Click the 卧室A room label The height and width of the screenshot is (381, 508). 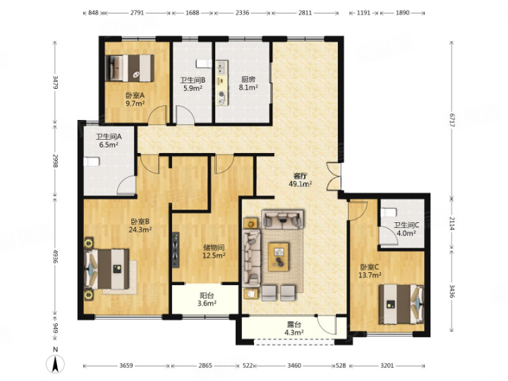coord(135,95)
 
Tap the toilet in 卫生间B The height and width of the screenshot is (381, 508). coord(203,64)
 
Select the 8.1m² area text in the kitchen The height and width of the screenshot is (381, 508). coord(248,87)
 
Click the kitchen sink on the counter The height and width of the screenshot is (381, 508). coord(222,68)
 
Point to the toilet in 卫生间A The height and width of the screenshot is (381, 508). coord(91,162)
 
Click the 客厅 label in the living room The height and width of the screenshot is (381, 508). coord(300,176)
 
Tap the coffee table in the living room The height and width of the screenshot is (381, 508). coord(279,257)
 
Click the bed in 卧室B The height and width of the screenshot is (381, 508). coord(107,269)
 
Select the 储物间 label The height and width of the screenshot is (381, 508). coord(214,248)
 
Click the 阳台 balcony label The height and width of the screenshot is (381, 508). coord(207,296)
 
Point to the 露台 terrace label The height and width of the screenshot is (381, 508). coord(294,325)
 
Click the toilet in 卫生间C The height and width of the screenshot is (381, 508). coord(389,212)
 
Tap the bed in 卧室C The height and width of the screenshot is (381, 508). coord(401,304)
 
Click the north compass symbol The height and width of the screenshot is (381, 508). coord(56,363)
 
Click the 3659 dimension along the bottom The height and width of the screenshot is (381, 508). coord(126,365)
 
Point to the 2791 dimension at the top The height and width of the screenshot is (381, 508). coord(137,13)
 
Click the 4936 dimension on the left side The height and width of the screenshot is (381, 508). coord(55,256)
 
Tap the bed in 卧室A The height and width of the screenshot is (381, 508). coord(130,68)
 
